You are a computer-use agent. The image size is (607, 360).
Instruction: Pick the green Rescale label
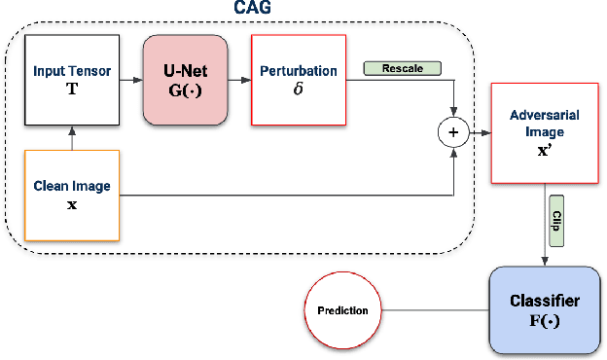click(402, 69)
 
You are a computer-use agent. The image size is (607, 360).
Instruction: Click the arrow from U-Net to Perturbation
click(238, 80)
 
